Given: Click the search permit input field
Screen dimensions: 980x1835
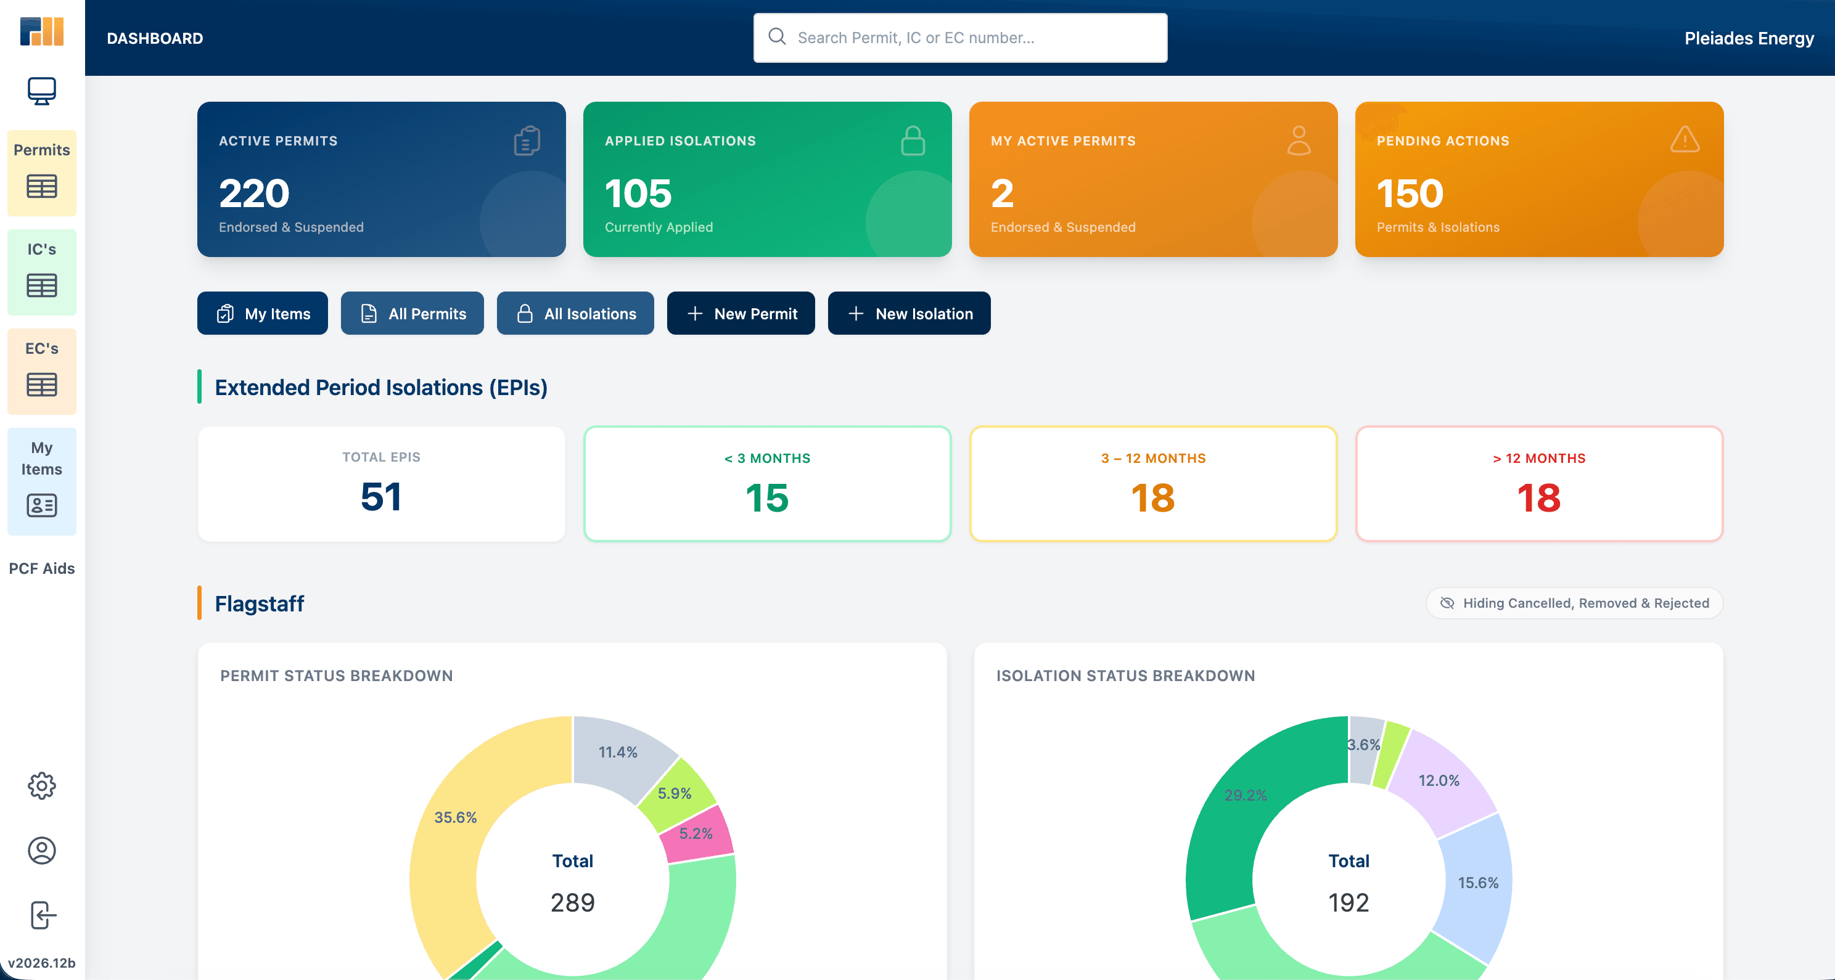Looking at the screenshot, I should [959, 38].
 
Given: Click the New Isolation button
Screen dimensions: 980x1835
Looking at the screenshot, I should [908, 313].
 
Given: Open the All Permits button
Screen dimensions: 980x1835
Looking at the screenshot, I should [412, 313].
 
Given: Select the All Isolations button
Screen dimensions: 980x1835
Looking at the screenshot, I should [575, 313].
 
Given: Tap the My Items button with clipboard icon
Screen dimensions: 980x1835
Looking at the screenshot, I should [262, 313].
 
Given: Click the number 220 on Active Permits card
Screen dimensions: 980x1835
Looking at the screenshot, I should [253, 193].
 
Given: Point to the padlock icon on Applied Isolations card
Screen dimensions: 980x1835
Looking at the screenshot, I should [913, 141].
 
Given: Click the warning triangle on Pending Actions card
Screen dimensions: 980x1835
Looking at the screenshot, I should [1685, 139].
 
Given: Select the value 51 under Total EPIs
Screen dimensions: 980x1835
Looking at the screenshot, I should [381, 496].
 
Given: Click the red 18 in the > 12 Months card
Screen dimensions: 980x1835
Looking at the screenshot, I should [1538, 498].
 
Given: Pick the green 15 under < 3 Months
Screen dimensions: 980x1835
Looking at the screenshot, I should [767, 498].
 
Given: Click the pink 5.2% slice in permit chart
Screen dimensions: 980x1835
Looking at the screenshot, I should [696, 833].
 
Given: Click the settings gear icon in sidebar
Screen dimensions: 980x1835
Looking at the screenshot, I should [42, 786].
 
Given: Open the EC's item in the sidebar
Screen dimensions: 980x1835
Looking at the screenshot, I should [42, 371].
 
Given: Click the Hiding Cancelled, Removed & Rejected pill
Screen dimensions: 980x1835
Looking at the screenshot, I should [1574, 603].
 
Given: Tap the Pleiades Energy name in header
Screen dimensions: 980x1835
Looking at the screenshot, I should [1749, 38].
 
